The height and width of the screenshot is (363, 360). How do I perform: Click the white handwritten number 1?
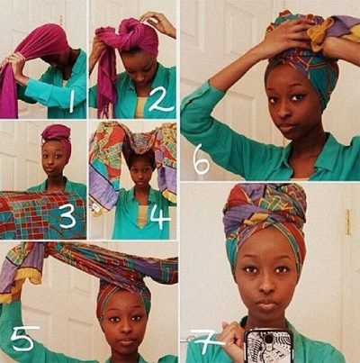71,102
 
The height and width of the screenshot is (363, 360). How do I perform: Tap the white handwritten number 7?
208,341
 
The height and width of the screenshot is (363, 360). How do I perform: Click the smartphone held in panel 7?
269,346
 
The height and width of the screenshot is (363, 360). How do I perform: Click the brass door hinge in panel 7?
347,222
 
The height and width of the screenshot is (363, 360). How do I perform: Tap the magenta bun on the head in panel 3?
56,132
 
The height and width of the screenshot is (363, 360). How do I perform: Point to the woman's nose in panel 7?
265,286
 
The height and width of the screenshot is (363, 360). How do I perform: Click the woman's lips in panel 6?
287,127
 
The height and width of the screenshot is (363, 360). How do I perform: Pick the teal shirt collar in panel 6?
327,156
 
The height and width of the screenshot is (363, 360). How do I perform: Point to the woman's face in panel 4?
139,173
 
